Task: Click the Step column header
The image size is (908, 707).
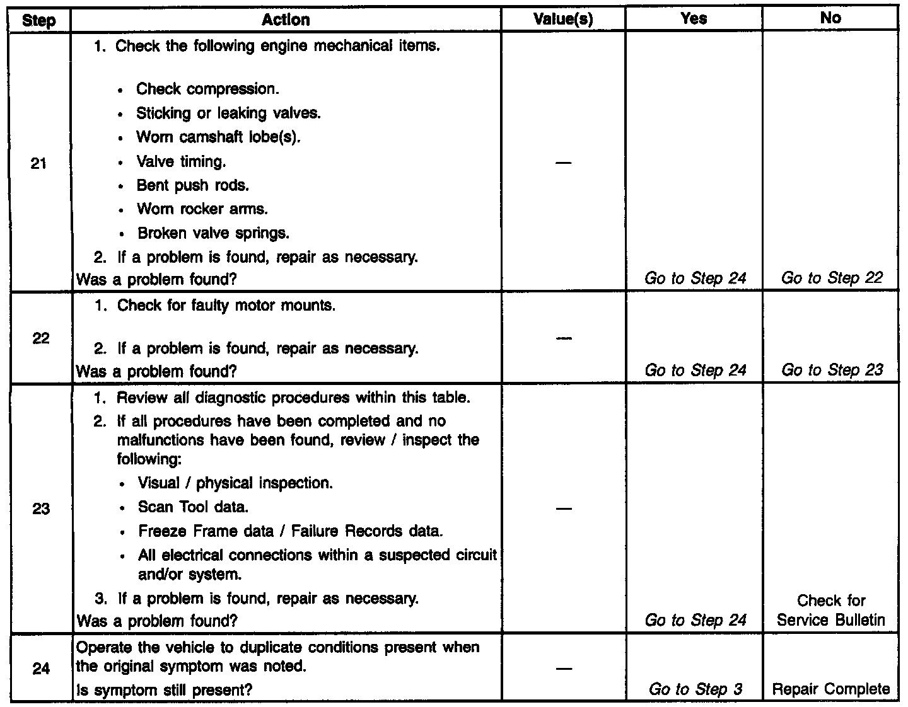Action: [x=39, y=20]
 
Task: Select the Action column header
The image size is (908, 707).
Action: [x=286, y=20]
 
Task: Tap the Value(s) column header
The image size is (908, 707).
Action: [x=563, y=20]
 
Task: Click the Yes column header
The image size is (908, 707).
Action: [x=694, y=19]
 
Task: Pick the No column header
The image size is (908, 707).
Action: [x=830, y=18]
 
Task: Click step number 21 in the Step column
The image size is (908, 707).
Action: [x=39, y=164]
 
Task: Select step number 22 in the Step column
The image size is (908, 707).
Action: [x=40, y=338]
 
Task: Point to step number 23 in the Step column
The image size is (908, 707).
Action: [x=40, y=509]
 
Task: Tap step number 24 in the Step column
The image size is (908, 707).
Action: [x=40, y=668]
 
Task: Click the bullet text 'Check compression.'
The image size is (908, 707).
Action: [x=207, y=89]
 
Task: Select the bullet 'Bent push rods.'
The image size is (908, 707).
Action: [x=192, y=185]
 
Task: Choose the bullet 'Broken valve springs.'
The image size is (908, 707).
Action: [x=213, y=233]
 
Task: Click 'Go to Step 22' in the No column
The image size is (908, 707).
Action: [x=832, y=278]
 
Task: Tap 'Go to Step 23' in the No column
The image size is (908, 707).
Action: [x=832, y=370]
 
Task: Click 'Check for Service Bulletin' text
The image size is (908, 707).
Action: [x=831, y=611]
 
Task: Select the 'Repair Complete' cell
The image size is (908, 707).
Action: [x=831, y=689]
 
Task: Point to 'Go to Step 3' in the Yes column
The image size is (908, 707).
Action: [x=696, y=689]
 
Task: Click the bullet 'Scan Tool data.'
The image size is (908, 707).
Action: [x=193, y=507]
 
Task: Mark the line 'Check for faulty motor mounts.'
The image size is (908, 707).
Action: [x=226, y=306]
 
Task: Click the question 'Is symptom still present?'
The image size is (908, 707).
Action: [x=164, y=690]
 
